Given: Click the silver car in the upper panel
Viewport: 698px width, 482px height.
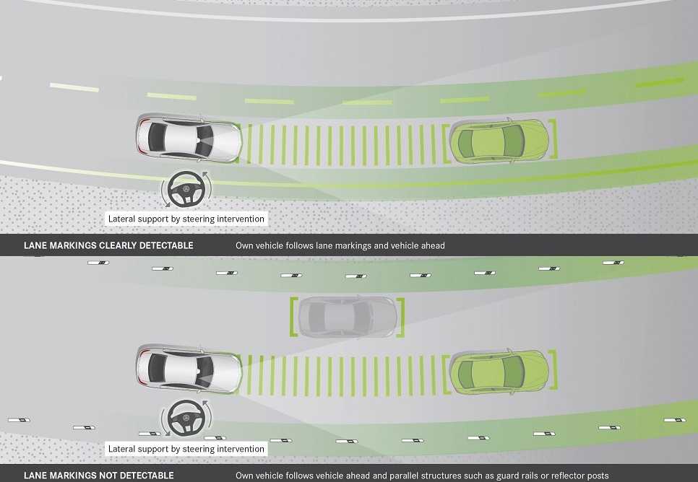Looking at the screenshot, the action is [x=189, y=139].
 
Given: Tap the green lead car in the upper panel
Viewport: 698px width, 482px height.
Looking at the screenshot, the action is [x=499, y=141].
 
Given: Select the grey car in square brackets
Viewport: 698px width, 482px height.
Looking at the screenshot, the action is [x=348, y=317].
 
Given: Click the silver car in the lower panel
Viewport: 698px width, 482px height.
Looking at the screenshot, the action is [x=189, y=369].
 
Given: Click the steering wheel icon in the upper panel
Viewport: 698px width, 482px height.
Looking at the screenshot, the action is [x=186, y=189].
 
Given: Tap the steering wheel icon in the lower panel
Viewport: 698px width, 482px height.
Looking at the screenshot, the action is [x=186, y=418].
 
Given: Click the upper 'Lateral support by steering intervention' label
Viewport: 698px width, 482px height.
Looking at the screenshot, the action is [x=186, y=219].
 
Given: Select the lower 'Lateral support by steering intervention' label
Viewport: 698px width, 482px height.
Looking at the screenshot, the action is [x=186, y=449].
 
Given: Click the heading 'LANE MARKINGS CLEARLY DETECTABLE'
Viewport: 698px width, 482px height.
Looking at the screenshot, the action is [x=108, y=245].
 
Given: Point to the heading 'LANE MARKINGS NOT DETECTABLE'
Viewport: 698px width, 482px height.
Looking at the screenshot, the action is [x=99, y=476].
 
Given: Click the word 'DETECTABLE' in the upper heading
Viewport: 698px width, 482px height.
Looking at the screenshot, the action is [x=166, y=245].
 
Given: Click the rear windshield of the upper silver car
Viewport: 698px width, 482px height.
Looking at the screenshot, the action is [x=157, y=139].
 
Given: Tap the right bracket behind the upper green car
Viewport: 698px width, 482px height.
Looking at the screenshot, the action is [x=553, y=139].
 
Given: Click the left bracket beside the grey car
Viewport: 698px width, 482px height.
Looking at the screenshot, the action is [x=294, y=317].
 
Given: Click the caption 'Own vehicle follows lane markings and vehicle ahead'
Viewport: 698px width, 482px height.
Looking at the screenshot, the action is [x=340, y=245].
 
